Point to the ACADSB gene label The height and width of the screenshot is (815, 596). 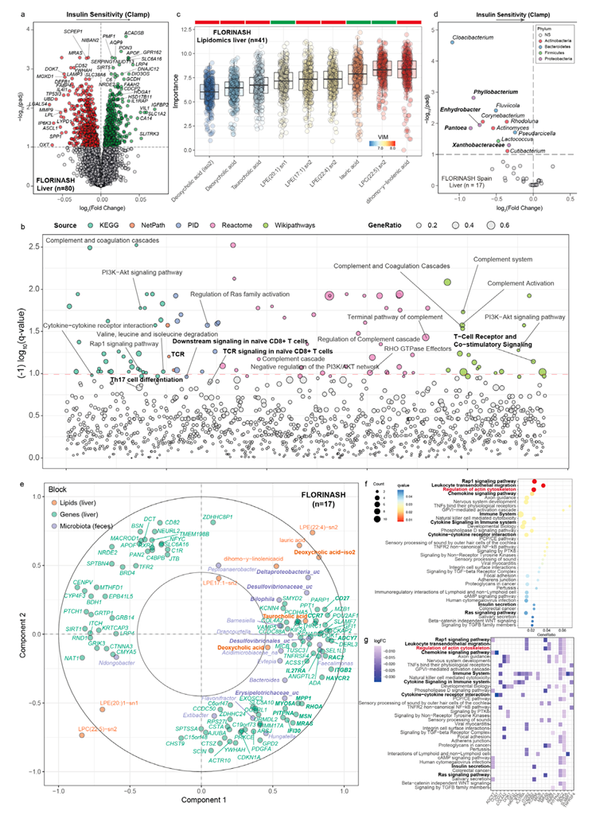pyautogui.click(x=135, y=33)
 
